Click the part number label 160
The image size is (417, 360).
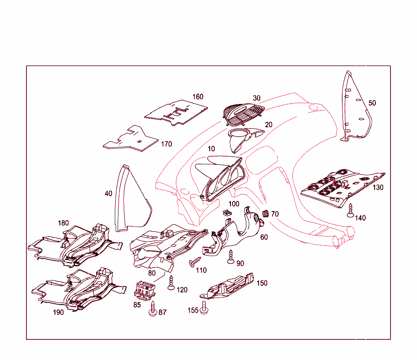(x=198, y=97)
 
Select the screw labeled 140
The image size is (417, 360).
(x=349, y=210)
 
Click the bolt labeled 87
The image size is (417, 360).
(x=154, y=308)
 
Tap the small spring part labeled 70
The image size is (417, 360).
(x=264, y=213)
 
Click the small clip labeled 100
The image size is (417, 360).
(x=227, y=212)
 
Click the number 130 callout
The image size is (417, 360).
(x=378, y=188)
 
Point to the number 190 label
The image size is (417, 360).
(x=58, y=313)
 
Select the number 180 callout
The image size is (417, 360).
(x=63, y=223)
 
